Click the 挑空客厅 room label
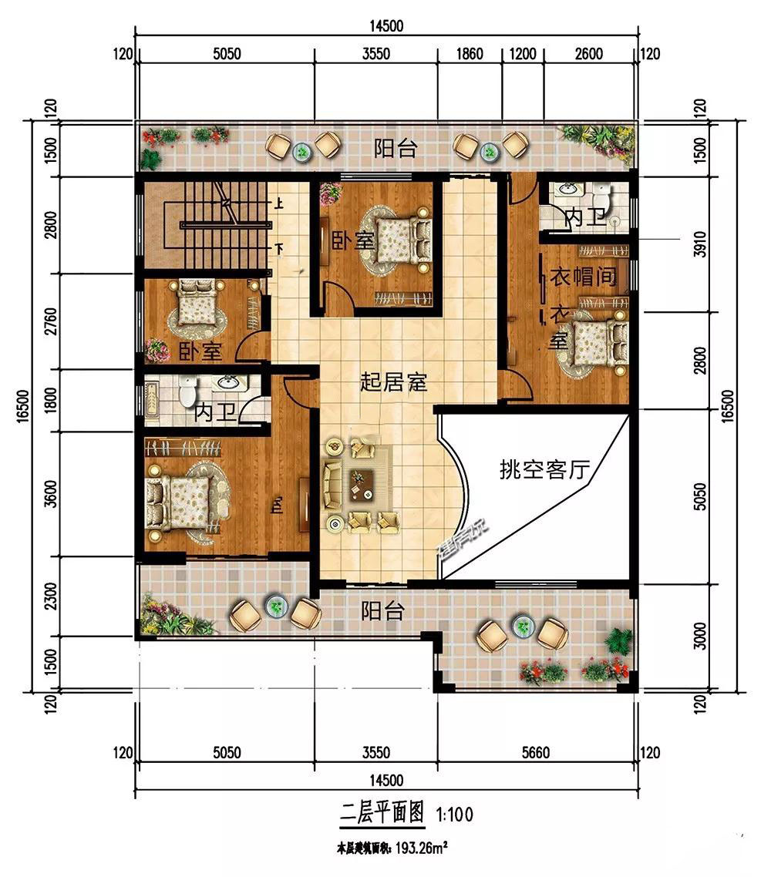(544, 469)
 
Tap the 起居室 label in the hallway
(394, 382)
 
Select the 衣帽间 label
(584, 277)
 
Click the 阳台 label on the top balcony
(396, 149)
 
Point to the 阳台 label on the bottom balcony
(383, 612)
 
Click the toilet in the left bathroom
(186, 393)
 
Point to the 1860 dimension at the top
(470, 54)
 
